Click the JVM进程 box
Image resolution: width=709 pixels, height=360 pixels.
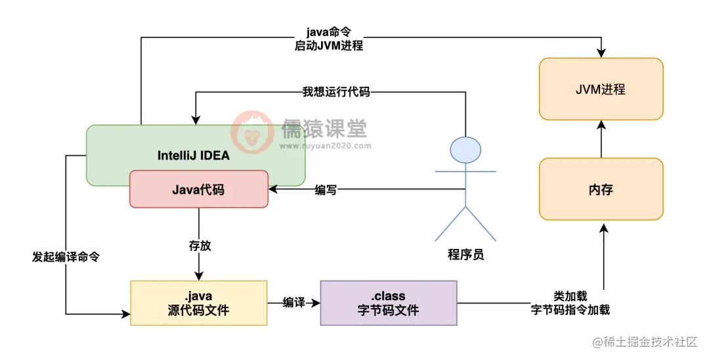[x=601, y=89]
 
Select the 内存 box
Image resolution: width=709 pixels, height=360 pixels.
[x=601, y=189]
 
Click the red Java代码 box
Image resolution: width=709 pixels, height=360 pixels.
[x=198, y=189]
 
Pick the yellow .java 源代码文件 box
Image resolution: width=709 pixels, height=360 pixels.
[x=198, y=303]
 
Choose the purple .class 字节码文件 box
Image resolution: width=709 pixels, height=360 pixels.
[x=388, y=303]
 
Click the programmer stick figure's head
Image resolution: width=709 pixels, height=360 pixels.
[x=465, y=149]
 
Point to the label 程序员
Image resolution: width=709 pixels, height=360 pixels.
[x=465, y=255]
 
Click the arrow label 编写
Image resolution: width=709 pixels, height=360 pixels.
[x=326, y=190]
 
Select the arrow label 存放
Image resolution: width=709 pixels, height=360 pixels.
[x=200, y=246]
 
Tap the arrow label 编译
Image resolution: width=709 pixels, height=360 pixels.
[x=293, y=302]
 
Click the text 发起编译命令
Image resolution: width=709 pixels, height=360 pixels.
[x=66, y=257]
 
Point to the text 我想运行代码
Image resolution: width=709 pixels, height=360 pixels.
[x=336, y=92]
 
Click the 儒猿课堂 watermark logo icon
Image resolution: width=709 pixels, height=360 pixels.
[x=252, y=130]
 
